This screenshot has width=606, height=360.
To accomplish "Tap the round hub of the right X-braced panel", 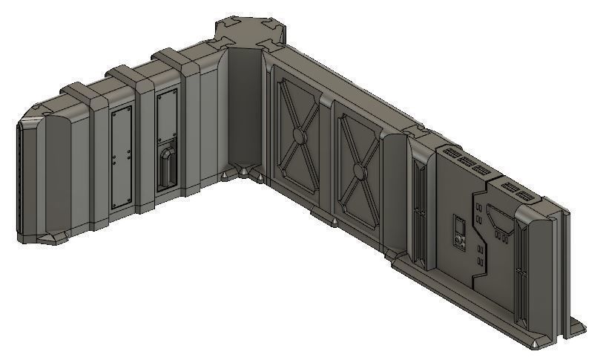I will click(x=358, y=172).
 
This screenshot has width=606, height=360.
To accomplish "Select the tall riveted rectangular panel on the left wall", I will click(x=120, y=155).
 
